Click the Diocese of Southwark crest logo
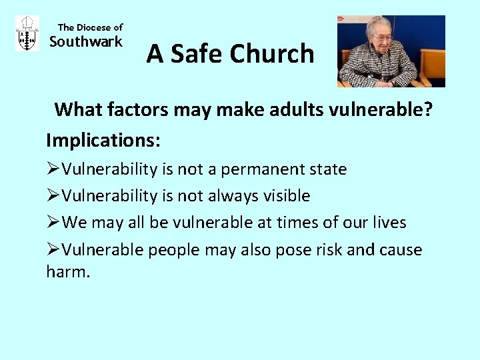(27, 33)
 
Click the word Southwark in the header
(87, 42)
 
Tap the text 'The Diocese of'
(90, 27)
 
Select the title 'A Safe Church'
(230, 53)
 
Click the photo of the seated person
(391, 51)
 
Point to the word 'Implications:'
(103, 141)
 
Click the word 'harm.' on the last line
(67, 271)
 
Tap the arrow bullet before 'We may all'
(53, 223)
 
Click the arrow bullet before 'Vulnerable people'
(53, 250)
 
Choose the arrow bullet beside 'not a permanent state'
(53, 169)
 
